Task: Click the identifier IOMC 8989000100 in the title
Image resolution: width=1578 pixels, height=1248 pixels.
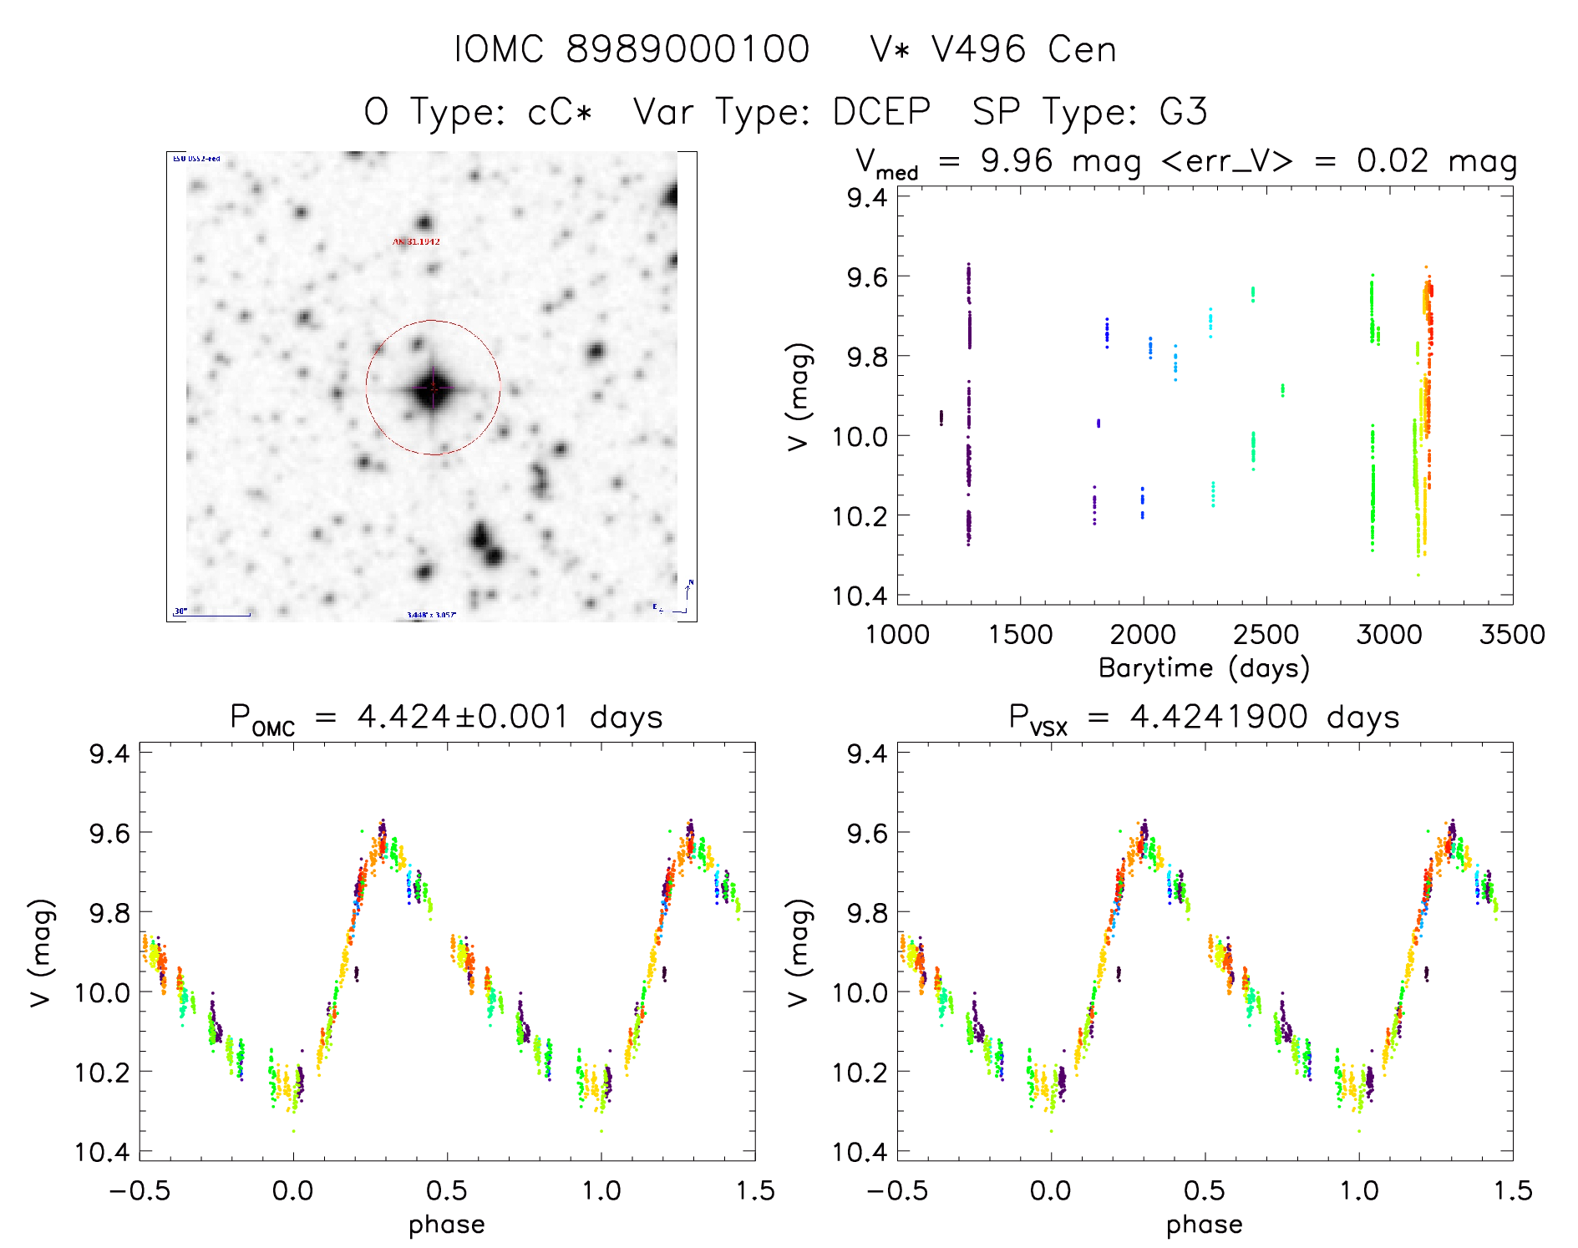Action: tap(632, 49)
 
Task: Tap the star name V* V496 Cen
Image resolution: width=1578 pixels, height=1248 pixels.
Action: tap(992, 49)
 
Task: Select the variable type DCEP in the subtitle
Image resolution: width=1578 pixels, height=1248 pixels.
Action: tap(881, 112)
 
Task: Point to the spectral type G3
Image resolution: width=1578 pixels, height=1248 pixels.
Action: tap(1183, 112)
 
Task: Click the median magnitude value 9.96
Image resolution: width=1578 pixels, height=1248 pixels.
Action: tap(1017, 160)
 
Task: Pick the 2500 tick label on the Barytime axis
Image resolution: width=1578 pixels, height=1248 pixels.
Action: tap(1266, 635)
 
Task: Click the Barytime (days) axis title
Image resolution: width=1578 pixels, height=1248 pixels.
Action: tap(1204, 668)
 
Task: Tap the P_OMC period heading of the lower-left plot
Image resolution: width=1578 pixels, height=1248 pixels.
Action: tap(446, 718)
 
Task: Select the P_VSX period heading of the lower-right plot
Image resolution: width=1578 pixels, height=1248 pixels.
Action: tap(1204, 718)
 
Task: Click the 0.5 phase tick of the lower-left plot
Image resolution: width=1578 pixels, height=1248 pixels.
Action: tap(447, 1190)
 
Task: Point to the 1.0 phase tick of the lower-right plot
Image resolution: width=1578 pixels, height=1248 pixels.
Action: tap(1359, 1190)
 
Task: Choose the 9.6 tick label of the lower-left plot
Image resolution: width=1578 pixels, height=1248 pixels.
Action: tap(109, 833)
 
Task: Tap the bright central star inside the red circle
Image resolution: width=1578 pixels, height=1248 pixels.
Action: tap(433, 388)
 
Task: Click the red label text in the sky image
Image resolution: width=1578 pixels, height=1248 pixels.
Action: tap(416, 241)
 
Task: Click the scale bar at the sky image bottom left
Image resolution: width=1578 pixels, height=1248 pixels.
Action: tap(212, 615)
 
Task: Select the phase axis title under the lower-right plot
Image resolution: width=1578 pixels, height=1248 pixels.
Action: tap(1204, 1225)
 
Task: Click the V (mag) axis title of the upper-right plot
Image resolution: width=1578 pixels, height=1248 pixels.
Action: tap(799, 397)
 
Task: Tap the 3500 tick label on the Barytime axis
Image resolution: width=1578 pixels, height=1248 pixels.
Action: tap(1512, 635)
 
